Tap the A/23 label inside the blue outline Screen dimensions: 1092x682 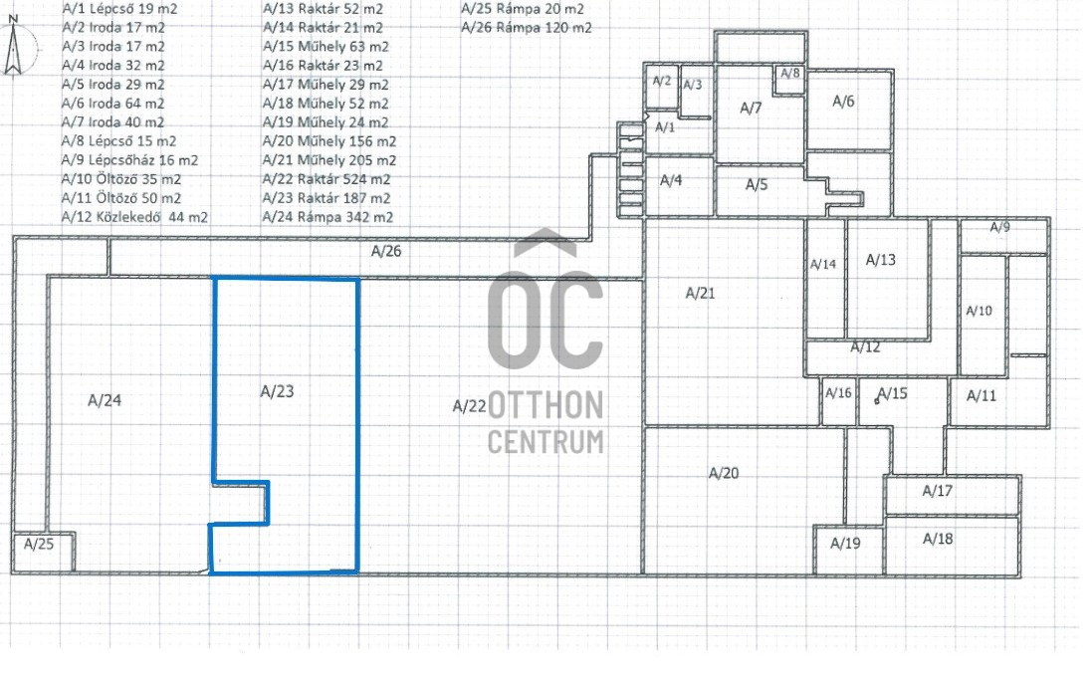(277, 391)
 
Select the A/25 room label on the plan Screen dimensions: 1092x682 (39, 544)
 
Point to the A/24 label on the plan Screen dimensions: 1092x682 (105, 400)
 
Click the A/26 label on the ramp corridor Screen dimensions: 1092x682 (386, 252)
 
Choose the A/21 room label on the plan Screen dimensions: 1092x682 (701, 294)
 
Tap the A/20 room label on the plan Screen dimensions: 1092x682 (724, 474)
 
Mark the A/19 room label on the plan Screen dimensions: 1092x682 (845, 544)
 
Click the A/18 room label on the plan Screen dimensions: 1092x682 (938, 540)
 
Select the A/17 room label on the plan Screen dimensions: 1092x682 (938, 491)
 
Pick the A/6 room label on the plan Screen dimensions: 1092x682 (843, 102)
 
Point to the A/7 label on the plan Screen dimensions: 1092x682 (751, 108)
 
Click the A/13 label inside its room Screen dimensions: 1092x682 (881, 260)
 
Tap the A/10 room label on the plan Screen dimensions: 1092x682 (980, 311)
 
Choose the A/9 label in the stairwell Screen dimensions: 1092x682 (1000, 227)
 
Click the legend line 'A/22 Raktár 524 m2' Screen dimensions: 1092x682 (327, 180)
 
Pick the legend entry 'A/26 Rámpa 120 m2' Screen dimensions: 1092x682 (527, 28)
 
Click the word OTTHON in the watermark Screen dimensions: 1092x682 (546, 405)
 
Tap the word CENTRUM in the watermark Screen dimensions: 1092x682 (546, 442)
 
